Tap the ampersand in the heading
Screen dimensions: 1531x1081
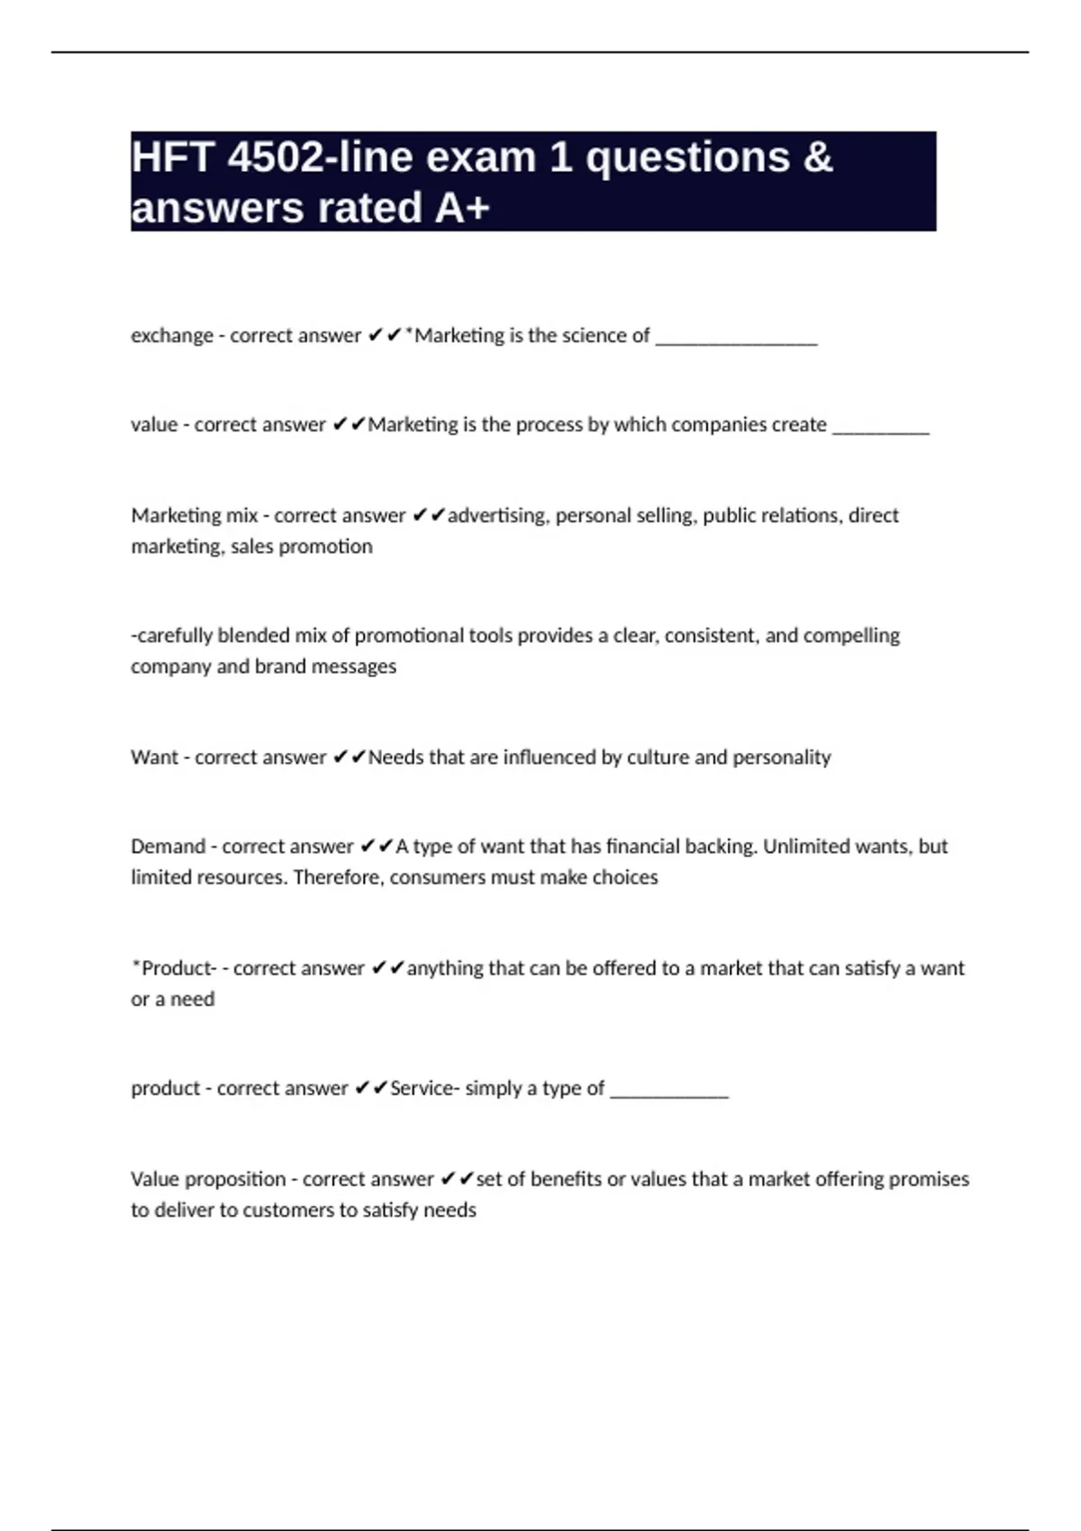click(815, 158)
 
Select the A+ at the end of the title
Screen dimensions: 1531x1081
click(462, 208)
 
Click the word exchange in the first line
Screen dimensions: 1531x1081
click(172, 336)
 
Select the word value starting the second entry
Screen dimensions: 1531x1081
click(154, 425)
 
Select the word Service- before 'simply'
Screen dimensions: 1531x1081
click(424, 1088)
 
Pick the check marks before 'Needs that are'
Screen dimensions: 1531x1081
click(349, 757)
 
